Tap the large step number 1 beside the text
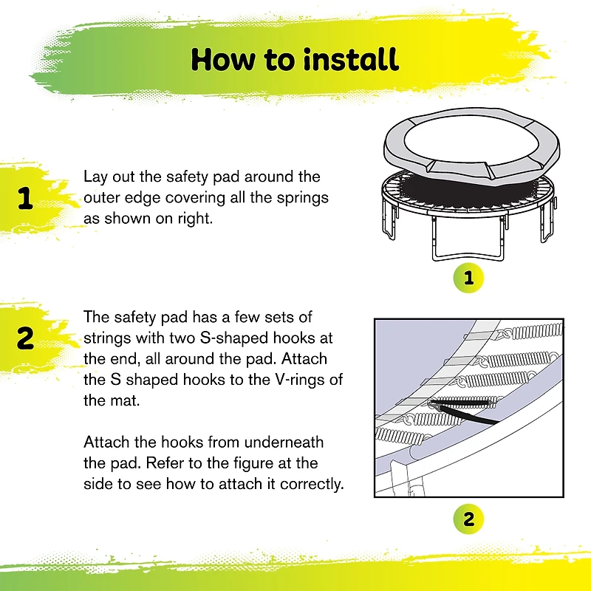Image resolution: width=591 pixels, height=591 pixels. coord(25,198)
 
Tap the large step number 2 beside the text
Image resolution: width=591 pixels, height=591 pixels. coord(25,338)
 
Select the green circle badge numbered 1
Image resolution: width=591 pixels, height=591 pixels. coord(468,278)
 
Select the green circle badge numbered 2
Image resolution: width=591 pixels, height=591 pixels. coord(468,519)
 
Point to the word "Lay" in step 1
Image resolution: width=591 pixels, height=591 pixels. coord(95,177)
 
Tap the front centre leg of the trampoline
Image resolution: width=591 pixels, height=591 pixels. coord(468,256)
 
